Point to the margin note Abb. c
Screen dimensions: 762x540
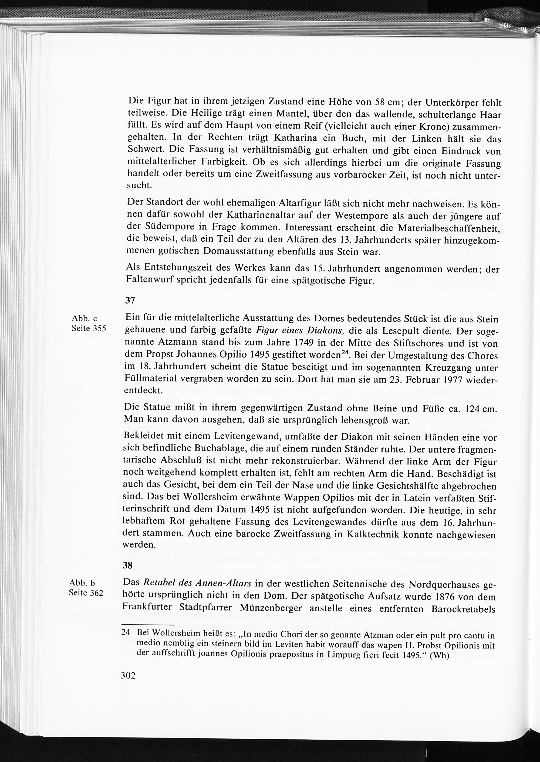[x=85, y=319]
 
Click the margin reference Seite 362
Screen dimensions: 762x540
[x=86, y=592]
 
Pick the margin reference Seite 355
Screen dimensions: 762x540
[x=89, y=328]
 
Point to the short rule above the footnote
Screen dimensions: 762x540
[x=148, y=625]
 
